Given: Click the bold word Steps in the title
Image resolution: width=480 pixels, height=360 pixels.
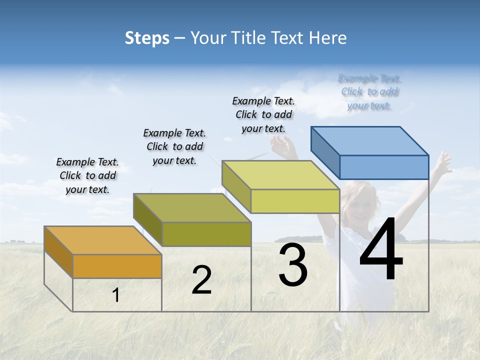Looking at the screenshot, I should (x=147, y=38).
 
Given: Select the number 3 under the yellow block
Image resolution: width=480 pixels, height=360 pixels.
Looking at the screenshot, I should (x=293, y=265).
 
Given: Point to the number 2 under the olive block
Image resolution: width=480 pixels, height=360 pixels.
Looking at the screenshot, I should (x=201, y=280).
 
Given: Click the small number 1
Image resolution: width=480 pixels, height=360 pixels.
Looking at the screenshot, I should (x=116, y=295).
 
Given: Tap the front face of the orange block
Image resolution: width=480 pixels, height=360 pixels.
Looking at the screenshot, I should (x=117, y=266).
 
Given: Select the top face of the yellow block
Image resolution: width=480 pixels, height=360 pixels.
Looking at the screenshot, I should (x=280, y=175).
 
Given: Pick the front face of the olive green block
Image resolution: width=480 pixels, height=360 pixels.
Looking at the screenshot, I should (x=206, y=234).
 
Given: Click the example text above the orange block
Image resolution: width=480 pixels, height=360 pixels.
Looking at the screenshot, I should (x=87, y=175).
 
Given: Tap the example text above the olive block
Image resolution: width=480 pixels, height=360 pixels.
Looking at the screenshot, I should (x=174, y=146).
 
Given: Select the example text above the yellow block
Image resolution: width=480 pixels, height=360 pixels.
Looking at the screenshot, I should (x=263, y=114).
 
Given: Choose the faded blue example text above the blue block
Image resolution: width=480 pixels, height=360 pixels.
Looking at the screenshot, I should (x=369, y=92).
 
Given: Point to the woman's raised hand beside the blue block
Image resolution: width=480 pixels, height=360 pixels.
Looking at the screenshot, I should (x=442, y=161).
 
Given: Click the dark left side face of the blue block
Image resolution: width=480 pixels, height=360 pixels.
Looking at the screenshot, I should (x=325, y=152).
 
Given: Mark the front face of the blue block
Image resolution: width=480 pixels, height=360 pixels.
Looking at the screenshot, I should (x=384, y=167).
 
